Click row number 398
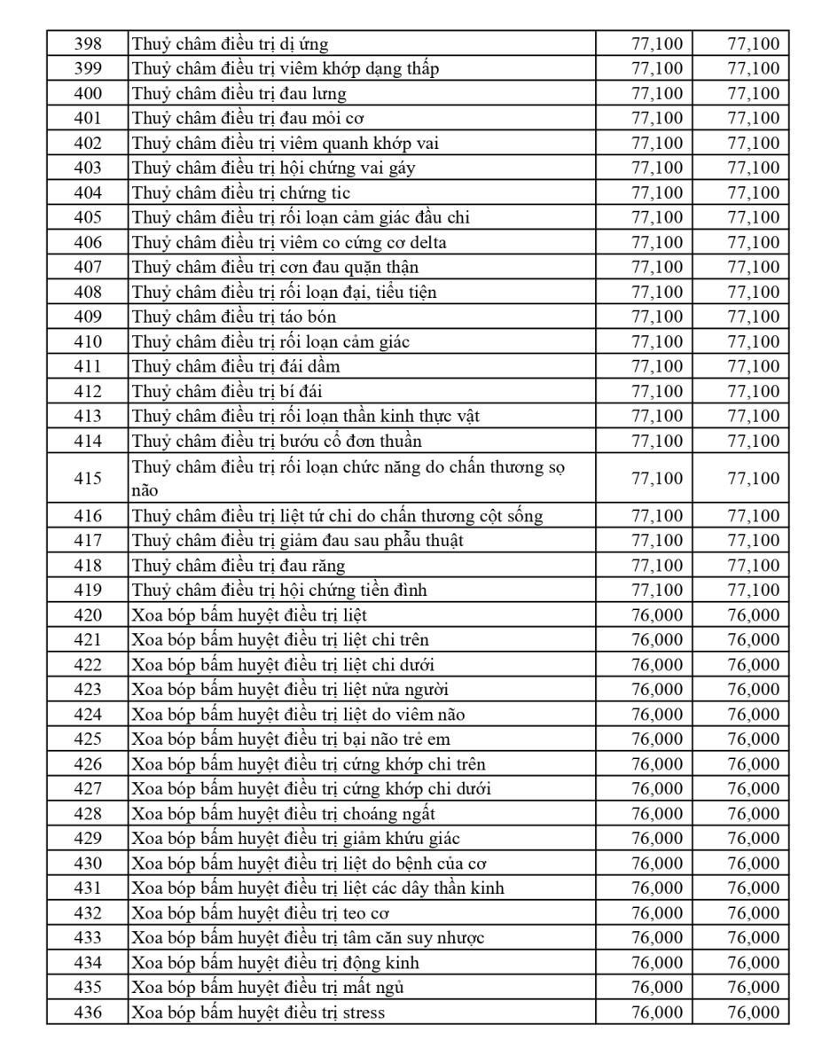coord(88,43)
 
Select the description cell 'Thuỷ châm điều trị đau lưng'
coord(239,93)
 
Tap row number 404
coord(88,192)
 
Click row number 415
coord(88,478)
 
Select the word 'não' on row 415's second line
coord(144,489)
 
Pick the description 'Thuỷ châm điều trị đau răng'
coord(239,565)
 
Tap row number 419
coord(88,590)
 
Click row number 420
coord(88,614)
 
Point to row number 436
coord(88,1012)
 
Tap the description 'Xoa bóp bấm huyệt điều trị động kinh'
coord(276,962)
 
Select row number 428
coord(88,813)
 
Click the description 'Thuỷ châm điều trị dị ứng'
coord(231,43)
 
